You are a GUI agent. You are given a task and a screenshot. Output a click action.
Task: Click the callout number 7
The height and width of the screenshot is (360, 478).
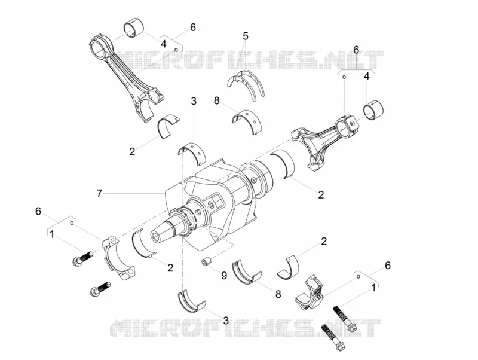coord(99,193)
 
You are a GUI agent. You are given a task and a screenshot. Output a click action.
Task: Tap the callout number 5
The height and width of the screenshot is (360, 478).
coord(246,36)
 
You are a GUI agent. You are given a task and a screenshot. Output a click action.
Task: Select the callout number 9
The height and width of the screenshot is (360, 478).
coord(224,276)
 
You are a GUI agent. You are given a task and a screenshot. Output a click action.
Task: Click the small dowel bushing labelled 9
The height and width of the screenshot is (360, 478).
coord(206,262)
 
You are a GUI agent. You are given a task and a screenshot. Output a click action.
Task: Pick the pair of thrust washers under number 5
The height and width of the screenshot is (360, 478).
coord(246,83)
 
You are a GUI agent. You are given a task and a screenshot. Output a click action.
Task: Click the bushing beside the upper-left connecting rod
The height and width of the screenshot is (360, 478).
coord(133,29)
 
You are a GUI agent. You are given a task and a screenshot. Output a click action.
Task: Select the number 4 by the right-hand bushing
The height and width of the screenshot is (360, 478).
coord(367,76)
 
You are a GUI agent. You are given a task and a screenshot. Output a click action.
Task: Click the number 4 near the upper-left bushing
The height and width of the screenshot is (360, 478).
coord(163,44)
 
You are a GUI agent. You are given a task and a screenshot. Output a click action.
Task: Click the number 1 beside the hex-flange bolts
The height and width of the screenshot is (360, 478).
coord(373,287)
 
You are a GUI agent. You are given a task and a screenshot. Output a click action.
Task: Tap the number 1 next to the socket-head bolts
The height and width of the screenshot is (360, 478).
coord(52,234)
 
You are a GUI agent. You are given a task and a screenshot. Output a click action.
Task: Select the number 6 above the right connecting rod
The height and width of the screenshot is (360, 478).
coord(356,49)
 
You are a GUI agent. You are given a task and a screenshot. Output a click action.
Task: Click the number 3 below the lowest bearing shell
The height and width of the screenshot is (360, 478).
coord(226,320)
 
